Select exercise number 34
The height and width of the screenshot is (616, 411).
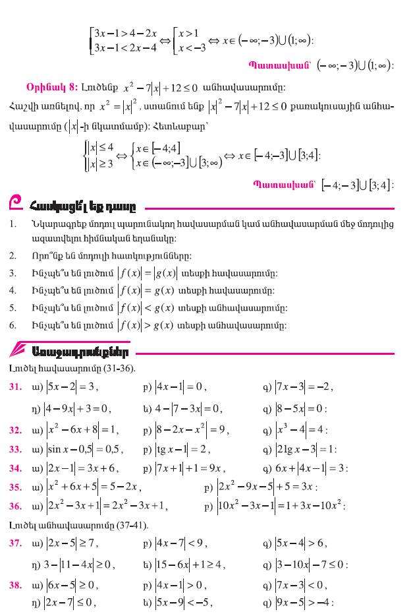click(15, 468)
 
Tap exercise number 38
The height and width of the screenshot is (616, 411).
click(15, 584)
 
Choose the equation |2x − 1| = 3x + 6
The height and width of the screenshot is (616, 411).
click(82, 468)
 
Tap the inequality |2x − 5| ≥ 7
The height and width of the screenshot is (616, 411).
click(72, 544)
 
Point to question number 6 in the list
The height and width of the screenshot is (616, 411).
click(13, 324)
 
